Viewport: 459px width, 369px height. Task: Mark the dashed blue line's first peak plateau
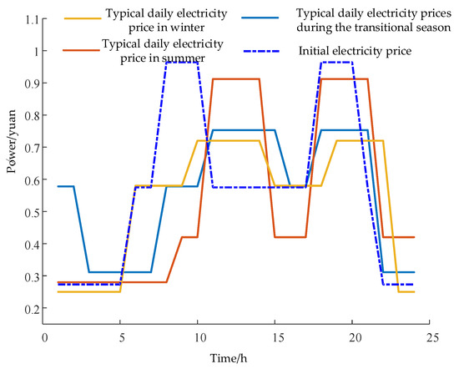point(182,62)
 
